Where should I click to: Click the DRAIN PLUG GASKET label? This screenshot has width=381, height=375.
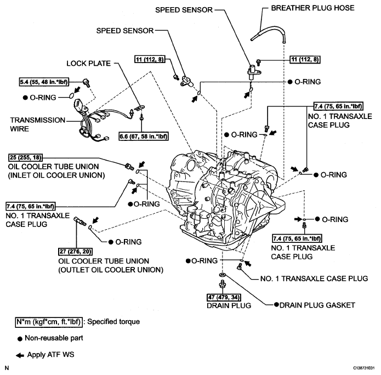click(x=316, y=304)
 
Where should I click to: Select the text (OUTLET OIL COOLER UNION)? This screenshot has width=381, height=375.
click(x=110, y=270)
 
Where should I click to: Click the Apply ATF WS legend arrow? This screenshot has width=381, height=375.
click(x=20, y=355)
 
